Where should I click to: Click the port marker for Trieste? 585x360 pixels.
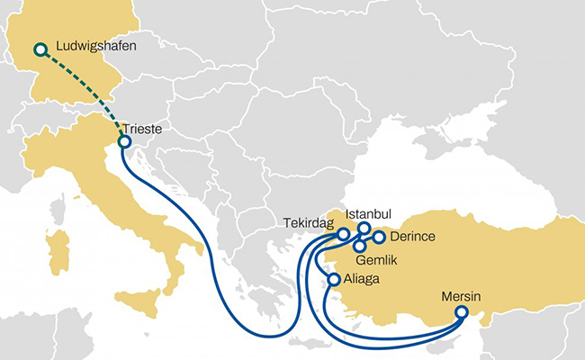tap(124, 141)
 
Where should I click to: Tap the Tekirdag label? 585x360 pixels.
tap(303, 223)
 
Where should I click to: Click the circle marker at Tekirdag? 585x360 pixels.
tap(343, 234)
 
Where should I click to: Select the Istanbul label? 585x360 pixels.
tap(370, 215)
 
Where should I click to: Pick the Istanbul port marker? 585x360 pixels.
tap(364, 229)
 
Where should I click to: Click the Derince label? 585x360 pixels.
tap(414, 237)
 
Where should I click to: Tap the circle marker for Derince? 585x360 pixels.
tap(379, 238)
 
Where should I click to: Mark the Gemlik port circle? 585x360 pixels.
tap(360, 245)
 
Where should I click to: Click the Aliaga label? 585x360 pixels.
tap(362, 279)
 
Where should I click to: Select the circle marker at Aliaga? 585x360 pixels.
tap(334, 280)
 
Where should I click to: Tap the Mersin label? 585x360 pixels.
tap(461, 295)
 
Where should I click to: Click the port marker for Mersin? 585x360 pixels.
tap(462, 312)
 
